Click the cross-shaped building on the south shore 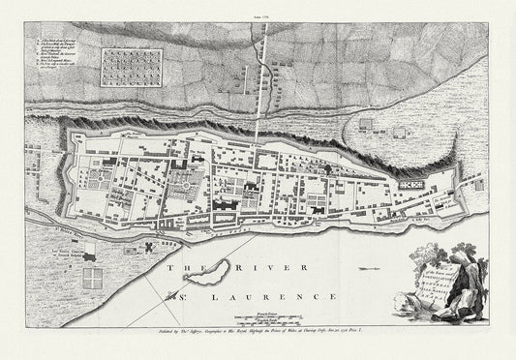pos(147,248)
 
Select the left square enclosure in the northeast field pos(365,124)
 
